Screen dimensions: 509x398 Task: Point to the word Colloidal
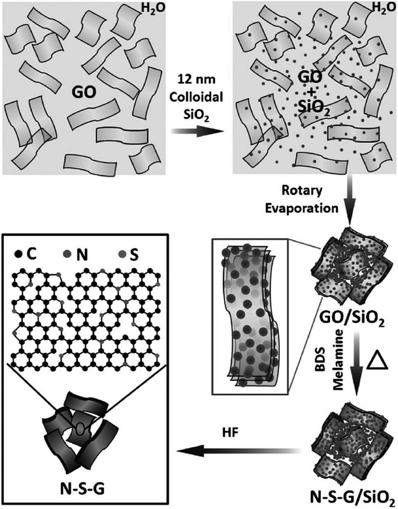tap(201, 98)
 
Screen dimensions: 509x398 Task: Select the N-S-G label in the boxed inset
tap(81, 489)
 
